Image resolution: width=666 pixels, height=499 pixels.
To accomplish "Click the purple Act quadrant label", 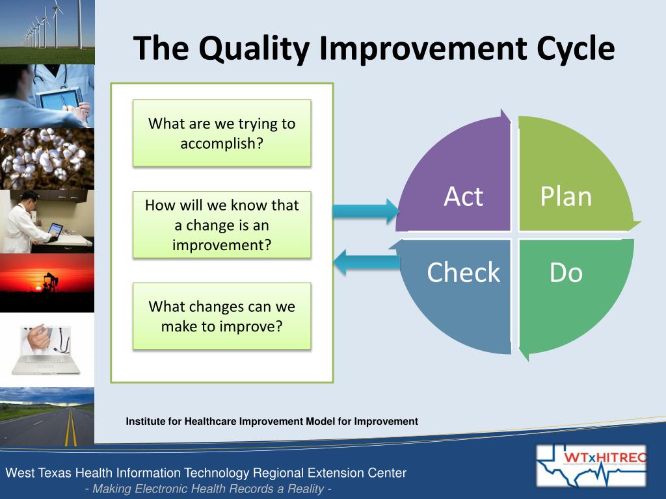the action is click(463, 196).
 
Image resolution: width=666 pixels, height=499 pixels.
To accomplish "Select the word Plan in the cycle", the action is click(566, 196).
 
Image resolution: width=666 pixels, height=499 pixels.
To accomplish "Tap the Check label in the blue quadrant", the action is click(463, 272).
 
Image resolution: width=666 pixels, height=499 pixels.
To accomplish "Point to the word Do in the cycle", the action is click(566, 272).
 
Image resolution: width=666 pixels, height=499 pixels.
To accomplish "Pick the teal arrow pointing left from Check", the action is click(367, 262).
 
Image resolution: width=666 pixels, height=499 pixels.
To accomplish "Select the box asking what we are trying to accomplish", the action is click(222, 133).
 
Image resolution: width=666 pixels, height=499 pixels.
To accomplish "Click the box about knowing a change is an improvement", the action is click(222, 225).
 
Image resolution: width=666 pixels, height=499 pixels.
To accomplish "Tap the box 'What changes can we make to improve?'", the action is click(222, 316).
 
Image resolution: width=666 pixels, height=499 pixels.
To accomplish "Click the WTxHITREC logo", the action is click(591, 466).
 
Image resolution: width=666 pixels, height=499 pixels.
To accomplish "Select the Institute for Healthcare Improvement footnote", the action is click(272, 421).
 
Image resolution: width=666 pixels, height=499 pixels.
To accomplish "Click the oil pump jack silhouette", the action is click(50, 281).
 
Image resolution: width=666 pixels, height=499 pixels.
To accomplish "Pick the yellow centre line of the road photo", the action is click(70, 427).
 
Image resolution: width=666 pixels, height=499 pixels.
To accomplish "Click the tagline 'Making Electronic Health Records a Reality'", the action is click(208, 489).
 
